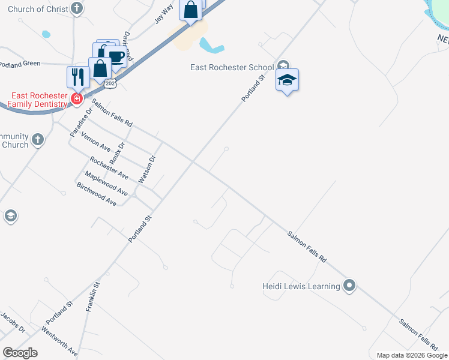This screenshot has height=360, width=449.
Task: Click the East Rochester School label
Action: coord(232,67)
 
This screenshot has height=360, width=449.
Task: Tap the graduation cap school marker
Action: coord(288,80)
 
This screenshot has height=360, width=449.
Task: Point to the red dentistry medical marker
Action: coord(77,99)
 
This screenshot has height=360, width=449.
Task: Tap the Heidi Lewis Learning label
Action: coord(301,286)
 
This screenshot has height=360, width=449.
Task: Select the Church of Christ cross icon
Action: coord(76,8)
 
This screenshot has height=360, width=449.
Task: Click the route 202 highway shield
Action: coord(110,84)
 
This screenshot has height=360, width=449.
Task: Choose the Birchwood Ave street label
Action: coord(97,194)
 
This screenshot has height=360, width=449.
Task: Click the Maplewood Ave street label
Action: coord(106,184)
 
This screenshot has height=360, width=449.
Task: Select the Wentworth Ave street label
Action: coord(59,342)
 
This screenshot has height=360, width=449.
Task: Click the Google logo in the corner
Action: coord(20,353)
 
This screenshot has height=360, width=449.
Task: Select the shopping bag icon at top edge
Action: coord(191,11)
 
